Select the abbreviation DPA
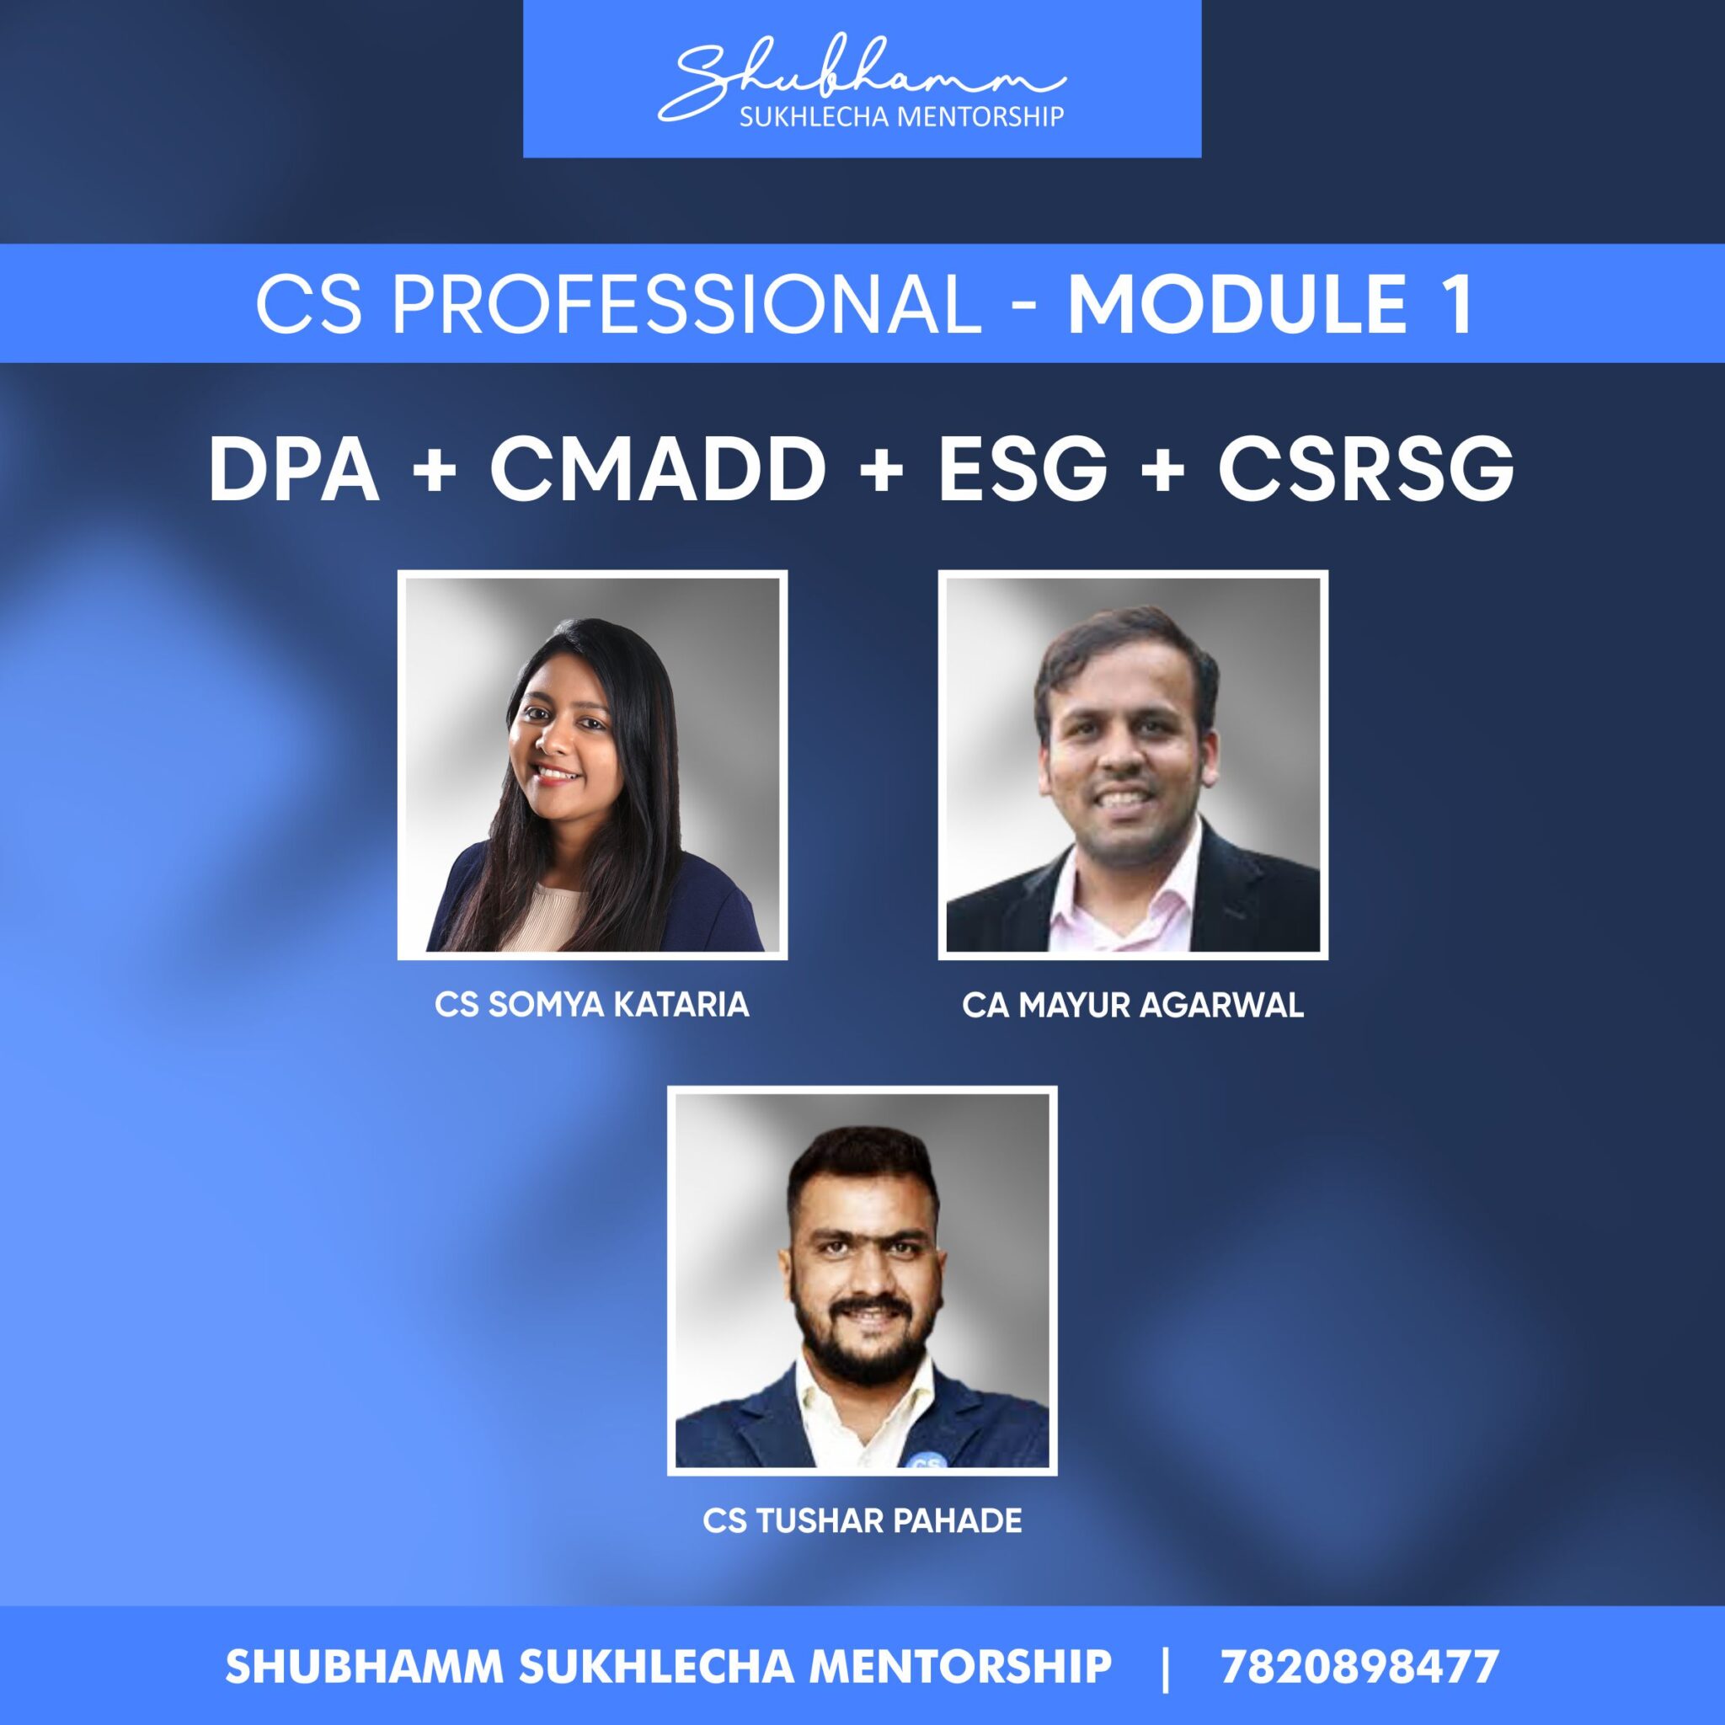tap(294, 471)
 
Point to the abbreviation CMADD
tap(657, 471)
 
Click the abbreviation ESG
tap(1023, 471)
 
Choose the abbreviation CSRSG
tap(1365, 471)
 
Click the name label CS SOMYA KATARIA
tap(591, 1006)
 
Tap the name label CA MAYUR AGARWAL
tap(1132, 1006)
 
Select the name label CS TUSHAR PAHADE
tap(862, 1520)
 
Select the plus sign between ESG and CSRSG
tap(1162, 471)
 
